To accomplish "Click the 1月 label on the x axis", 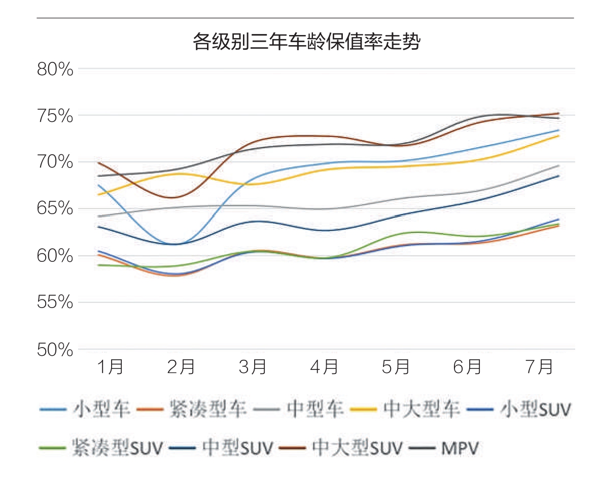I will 110,367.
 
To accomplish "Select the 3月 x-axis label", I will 253,367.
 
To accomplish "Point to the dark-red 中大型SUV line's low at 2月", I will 173,197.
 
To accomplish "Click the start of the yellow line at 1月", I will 98,194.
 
